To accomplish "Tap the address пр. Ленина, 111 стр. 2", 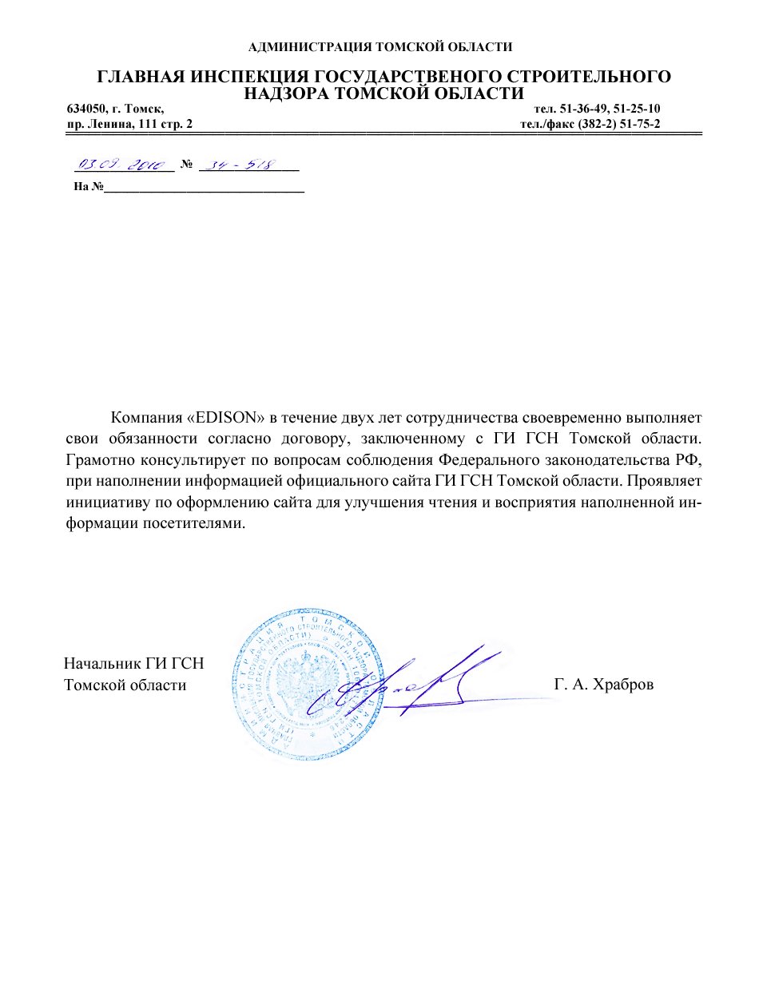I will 129,124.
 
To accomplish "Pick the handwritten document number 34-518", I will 240,165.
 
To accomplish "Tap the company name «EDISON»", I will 226,418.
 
